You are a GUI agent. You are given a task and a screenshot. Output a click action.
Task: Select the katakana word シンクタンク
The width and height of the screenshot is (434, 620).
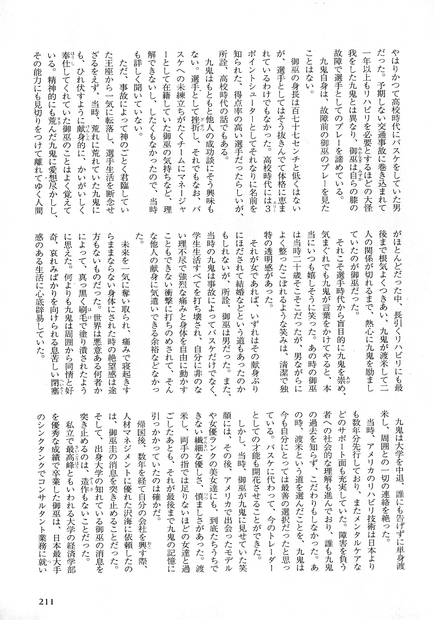tap(40, 446)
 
